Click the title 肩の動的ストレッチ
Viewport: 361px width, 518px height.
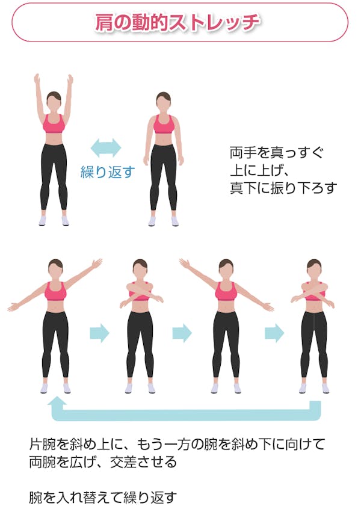pyautogui.click(x=177, y=23)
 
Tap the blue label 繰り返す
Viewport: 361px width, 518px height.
pyautogui.click(x=108, y=172)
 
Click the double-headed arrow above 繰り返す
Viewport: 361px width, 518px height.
pyautogui.click(x=106, y=147)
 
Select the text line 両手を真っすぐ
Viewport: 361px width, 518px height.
pyautogui.click(x=277, y=153)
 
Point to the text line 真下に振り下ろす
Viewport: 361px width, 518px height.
pyautogui.click(x=283, y=188)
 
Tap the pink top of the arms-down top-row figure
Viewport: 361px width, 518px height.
pyautogui.click(x=164, y=124)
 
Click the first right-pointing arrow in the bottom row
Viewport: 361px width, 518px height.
pyautogui.click(x=99, y=333)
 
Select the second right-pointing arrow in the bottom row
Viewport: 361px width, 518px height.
pyautogui.click(x=182, y=333)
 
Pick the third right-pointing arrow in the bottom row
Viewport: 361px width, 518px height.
pyautogui.click(x=274, y=333)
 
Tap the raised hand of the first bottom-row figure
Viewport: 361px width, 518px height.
pyautogui.click(x=97, y=264)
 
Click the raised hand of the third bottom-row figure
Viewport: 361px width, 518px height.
pyautogui.click(x=185, y=264)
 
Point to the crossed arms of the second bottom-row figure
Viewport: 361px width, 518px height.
pyautogui.click(x=141, y=293)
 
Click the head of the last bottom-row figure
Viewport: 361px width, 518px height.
pyautogui.click(x=314, y=268)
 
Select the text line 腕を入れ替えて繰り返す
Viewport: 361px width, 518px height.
pyautogui.click(x=103, y=498)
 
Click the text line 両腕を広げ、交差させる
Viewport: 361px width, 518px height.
pyautogui.click(x=103, y=462)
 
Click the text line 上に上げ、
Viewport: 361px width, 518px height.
pyautogui.click(x=260, y=170)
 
